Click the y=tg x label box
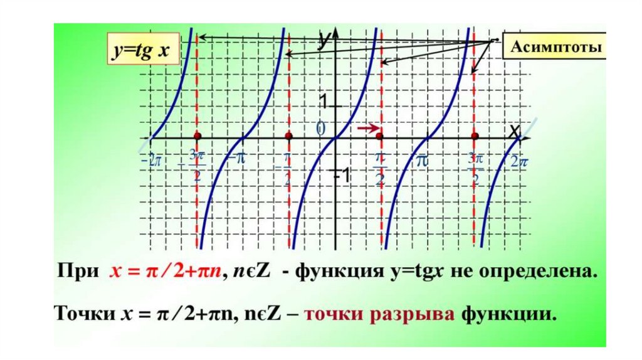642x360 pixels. coord(142,51)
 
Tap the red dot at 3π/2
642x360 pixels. coord(475,136)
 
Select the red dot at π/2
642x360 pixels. coord(379,136)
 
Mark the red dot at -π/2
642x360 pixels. coord(288,136)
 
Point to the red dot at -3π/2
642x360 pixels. coord(197,136)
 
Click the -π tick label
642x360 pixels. coord(236,159)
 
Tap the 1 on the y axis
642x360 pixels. coord(324,102)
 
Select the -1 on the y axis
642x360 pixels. coord(340,176)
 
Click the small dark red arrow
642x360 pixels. coord(369,129)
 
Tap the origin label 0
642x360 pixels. coord(321,129)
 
